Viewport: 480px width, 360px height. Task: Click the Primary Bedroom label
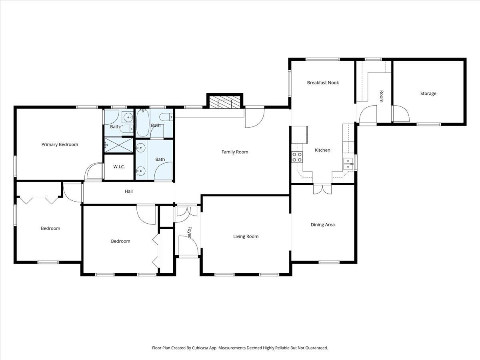60,144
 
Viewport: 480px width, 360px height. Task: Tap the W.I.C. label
119,166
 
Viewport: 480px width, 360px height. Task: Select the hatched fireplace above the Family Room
225,102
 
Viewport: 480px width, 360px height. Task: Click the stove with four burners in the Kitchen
297,157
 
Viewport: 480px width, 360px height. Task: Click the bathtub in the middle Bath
142,124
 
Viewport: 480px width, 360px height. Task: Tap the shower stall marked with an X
118,145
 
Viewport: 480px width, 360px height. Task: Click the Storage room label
428,94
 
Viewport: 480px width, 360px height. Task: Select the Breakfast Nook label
323,83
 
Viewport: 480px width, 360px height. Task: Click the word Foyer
190,232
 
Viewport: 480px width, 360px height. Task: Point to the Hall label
128,192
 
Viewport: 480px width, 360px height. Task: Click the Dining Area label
322,225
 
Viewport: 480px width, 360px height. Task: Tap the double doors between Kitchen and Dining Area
322,189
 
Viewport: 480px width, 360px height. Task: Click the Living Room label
246,236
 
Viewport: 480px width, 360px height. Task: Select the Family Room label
235,152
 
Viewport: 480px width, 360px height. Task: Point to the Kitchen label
322,150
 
